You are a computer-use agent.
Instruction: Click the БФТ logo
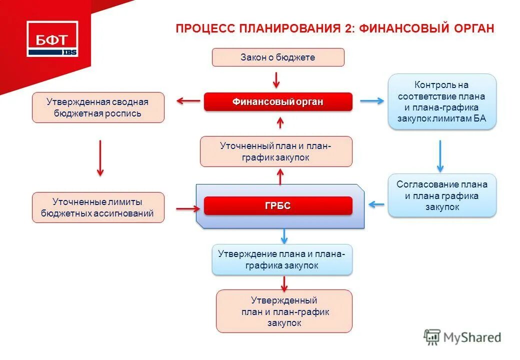coord(52,38)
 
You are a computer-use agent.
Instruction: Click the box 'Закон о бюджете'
coord(278,57)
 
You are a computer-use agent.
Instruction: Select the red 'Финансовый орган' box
coord(278,102)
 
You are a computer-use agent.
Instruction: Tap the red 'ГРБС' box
coord(278,206)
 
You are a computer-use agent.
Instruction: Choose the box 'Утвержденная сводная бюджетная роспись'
coord(98,107)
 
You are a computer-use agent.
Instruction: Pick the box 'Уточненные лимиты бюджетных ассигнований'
coord(98,208)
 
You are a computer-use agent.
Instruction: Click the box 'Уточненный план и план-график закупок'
coord(276,151)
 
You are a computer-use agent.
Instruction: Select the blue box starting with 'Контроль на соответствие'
coord(442,102)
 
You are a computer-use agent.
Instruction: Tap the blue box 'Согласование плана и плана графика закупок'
coord(442,195)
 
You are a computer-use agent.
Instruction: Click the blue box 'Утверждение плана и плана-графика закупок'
coord(282,259)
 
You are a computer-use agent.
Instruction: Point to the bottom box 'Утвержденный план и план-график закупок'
coord(284,311)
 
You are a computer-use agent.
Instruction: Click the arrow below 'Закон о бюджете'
coord(276,79)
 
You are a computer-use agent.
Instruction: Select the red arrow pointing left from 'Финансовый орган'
coord(188,101)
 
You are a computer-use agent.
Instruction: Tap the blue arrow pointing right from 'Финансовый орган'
coord(372,101)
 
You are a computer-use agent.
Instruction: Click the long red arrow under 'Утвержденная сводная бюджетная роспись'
coord(100,157)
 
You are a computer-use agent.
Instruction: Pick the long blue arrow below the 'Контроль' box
coord(440,155)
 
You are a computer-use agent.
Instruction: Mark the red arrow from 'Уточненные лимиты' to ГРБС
coord(187,207)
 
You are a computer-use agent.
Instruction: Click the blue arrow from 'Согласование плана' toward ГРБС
coord(376,204)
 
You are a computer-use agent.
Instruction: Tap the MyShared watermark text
coord(472,337)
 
